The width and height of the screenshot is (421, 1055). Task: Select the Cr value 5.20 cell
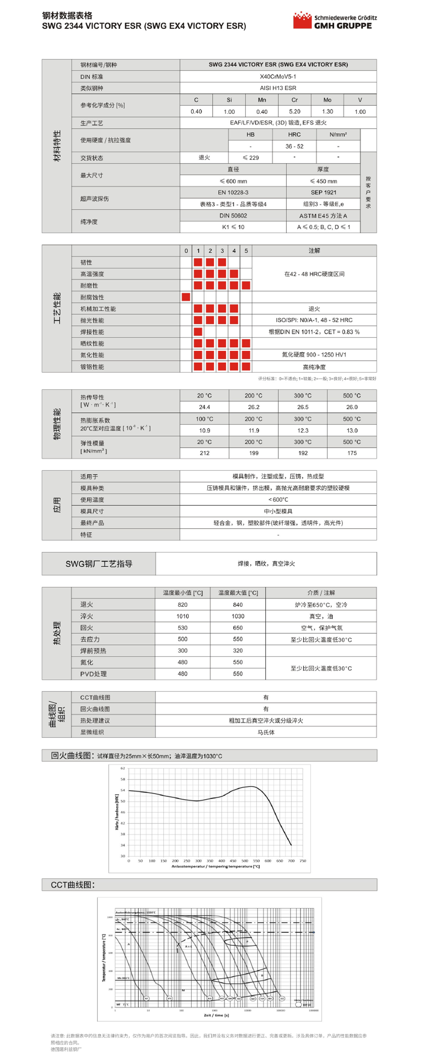(x=294, y=111)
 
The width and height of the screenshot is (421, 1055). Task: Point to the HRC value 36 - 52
(x=294, y=146)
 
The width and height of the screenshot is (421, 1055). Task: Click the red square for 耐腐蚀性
(x=186, y=297)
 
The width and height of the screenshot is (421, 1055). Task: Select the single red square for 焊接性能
(x=198, y=332)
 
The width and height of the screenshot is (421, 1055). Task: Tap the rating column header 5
(x=246, y=251)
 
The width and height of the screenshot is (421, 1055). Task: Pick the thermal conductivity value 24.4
(x=204, y=407)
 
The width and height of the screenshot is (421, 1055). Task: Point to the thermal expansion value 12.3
(x=303, y=430)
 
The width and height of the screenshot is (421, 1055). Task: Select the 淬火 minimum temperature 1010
(x=183, y=616)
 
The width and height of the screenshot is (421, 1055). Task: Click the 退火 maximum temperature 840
(x=238, y=605)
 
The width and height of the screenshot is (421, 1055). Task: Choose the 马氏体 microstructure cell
(x=266, y=732)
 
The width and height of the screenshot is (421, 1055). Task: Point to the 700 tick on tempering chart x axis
(x=291, y=861)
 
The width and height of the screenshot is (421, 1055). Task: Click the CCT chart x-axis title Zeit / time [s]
(x=216, y=1015)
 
